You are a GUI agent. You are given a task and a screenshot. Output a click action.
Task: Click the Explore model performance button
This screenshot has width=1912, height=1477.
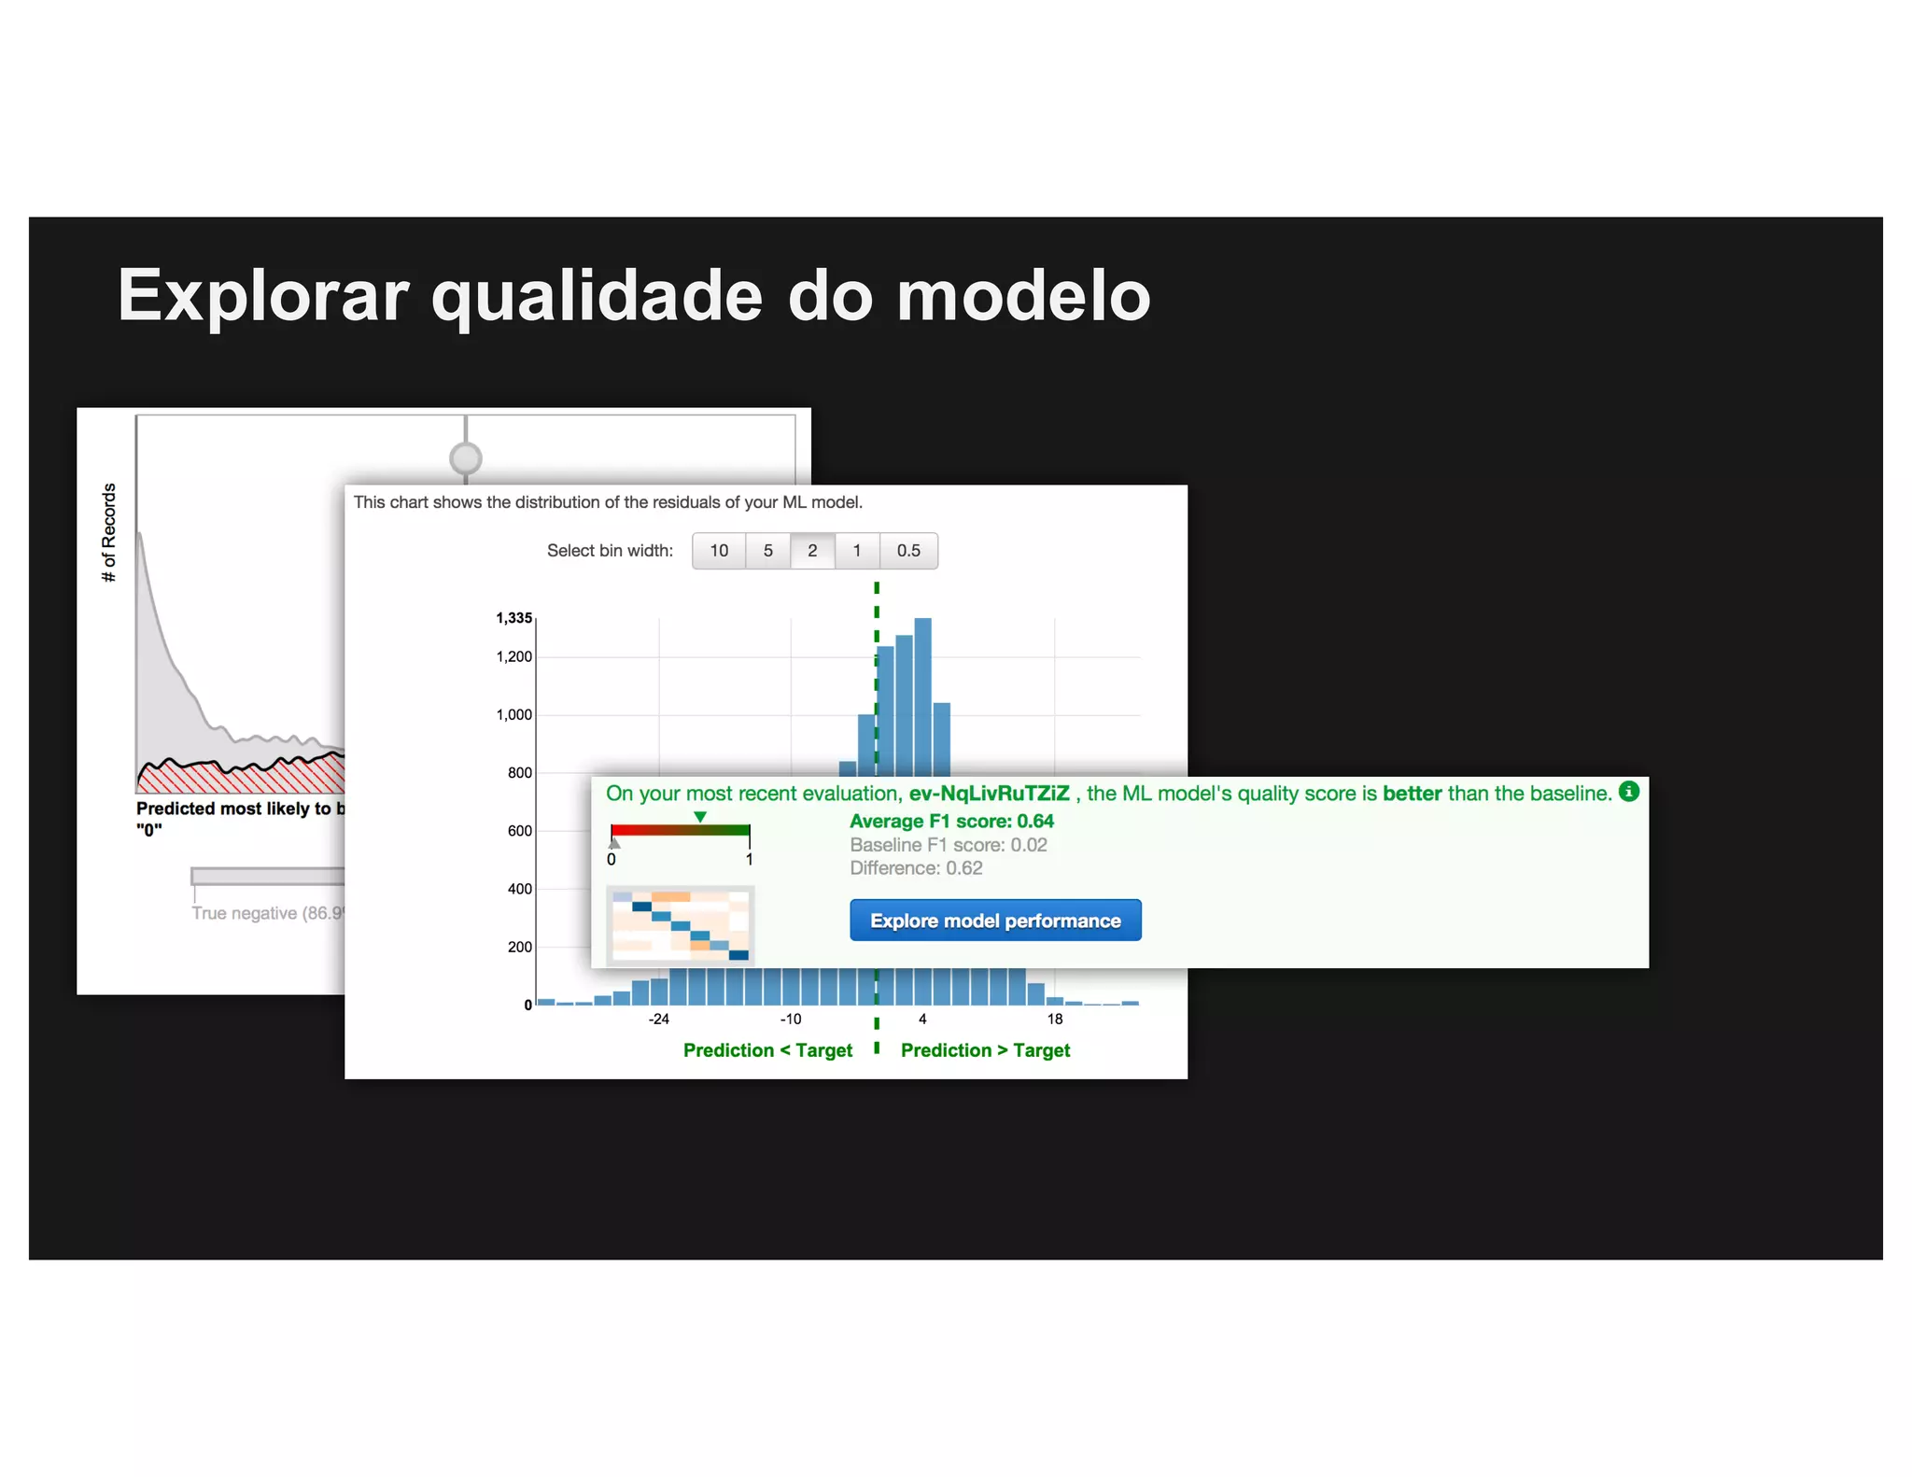point(995,921)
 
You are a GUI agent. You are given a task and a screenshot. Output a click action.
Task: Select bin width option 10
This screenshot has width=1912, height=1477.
point(719,551)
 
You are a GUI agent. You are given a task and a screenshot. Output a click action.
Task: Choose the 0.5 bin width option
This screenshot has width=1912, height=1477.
point(908,551)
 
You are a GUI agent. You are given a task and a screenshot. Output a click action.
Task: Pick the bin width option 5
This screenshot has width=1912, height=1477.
point(768,551)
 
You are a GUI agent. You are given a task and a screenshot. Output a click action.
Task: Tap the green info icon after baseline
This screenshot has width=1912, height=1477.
point(1629,792)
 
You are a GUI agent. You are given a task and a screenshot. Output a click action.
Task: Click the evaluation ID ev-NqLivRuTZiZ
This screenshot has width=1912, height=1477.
point(989,794)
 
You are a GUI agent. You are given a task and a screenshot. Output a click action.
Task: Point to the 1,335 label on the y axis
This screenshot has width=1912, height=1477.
point(513,618)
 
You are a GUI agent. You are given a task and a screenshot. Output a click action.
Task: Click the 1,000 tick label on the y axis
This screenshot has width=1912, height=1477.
point(513,715)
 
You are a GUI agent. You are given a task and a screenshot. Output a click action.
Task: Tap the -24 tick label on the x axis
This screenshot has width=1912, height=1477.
point(659,1019)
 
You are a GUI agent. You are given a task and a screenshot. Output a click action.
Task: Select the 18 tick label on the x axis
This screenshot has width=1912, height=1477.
point(1055,1019)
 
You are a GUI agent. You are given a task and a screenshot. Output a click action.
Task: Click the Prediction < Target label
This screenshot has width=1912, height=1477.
point(767,1050)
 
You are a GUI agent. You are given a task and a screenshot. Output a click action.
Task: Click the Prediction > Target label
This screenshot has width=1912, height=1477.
point(985,1050)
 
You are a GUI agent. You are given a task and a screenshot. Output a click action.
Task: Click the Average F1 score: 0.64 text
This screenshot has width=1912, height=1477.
point(951,822)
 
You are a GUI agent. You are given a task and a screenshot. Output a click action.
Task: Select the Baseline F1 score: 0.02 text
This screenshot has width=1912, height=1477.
point(948,845)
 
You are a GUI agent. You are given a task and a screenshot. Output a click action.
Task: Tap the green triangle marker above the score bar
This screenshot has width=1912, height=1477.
point(700,818)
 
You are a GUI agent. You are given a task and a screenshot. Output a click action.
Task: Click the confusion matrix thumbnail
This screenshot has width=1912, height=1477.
point(681,925)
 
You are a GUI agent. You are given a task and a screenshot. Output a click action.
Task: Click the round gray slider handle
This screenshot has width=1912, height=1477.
point(466,458)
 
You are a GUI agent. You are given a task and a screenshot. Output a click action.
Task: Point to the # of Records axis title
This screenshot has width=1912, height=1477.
point(109,532)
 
